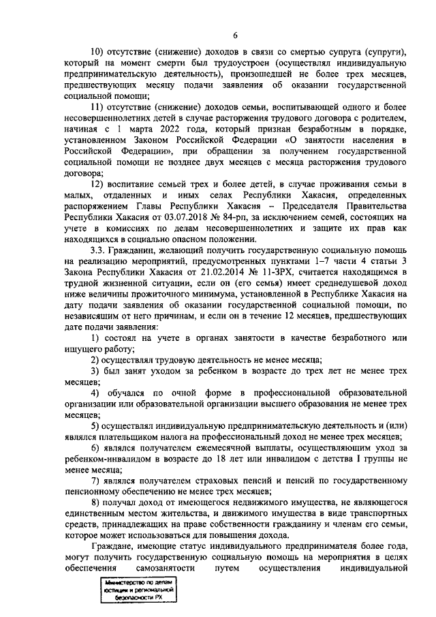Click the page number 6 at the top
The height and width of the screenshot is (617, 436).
tap(234, 35)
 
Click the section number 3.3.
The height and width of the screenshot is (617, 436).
tap(99, 250)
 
